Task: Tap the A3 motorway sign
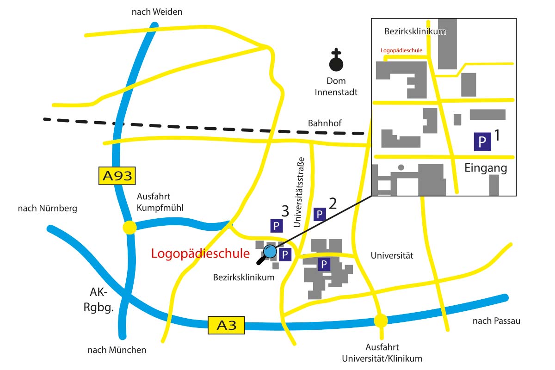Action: [x=226, y=325]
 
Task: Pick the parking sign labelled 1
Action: [x=482, y=142]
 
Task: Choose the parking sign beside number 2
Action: [x=320, y=214]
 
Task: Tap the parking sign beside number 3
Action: [x=276, y=226]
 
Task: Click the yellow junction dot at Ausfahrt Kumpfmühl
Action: [x=129, y=227]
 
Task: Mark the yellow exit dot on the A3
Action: [x=381, y=320]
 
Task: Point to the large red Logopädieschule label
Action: [x=200, y=253]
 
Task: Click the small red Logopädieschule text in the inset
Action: [x=401, y=50]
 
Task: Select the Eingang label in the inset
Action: [x=486, y=168]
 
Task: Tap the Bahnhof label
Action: [x=325, y=123]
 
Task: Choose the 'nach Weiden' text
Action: [x=157, y=12]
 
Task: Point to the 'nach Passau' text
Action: [x=496, y=321]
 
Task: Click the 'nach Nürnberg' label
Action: [x=48, y=209]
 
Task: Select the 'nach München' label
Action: [x=117, y=350]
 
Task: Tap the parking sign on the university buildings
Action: [x=324, y=265]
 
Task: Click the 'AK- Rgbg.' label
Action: [x=99, y=301]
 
